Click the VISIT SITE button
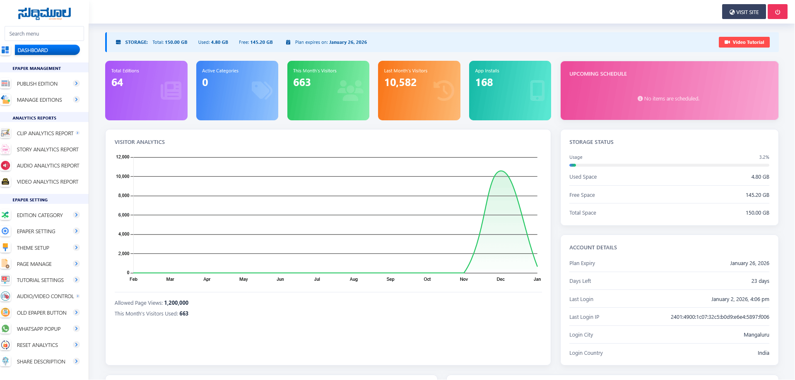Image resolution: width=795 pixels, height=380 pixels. click(744, 12)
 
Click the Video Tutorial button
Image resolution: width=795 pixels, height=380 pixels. click(744, 42)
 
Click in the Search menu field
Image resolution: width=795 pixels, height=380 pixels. click(44, 33)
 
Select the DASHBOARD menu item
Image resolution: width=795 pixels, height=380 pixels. click(47, 50)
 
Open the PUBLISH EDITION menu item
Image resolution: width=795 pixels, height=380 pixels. click(37, 84)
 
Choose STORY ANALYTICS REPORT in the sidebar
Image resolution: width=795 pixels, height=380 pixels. click(48, 149)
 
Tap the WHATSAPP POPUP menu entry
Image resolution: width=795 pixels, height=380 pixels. click(39, 329)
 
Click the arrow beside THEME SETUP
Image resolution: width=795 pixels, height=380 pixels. click(76, 247)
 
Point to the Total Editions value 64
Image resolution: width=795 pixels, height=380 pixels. click(117, 83)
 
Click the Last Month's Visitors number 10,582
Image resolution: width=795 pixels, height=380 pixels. click(400, 83)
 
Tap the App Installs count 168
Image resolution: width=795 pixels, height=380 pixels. click(484, 83)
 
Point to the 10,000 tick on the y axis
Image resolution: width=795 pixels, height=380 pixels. click(123, 177)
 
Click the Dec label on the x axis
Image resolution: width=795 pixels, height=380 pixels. click(501, 279)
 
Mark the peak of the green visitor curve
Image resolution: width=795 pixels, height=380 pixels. click(501, 171)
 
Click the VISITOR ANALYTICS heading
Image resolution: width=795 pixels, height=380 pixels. click(140, 142)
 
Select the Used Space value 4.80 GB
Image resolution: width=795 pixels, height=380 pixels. click(760, 177)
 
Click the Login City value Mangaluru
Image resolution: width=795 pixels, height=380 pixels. click(756, 335)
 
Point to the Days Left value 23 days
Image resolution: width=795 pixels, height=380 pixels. click(760, 281)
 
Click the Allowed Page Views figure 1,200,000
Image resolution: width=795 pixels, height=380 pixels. click(176, 303)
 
